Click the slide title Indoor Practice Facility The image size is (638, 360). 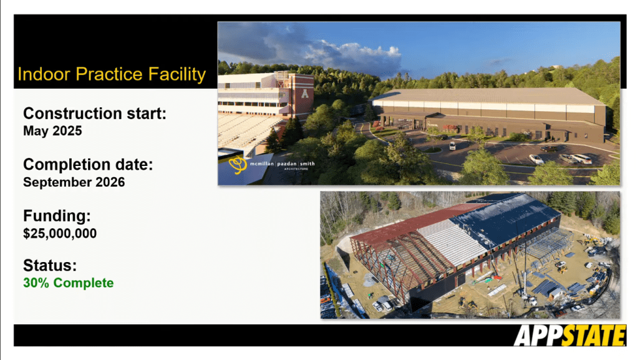(112, 74)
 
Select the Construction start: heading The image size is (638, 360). (95, 113)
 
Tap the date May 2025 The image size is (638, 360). (52, 131)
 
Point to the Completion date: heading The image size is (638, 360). (88, 165)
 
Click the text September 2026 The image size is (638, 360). (74, 182)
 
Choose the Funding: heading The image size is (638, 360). (57, 216)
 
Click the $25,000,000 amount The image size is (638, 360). (60, 233)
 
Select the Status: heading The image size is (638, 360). (50, 266)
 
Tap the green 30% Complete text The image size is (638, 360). (69, 283)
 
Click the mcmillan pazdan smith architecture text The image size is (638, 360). (282, 165)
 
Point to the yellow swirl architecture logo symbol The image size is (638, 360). (238, 165)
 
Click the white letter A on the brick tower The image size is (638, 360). (305, 93)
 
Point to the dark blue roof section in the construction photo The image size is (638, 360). (505, 218)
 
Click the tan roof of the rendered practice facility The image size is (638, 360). (488, 96)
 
